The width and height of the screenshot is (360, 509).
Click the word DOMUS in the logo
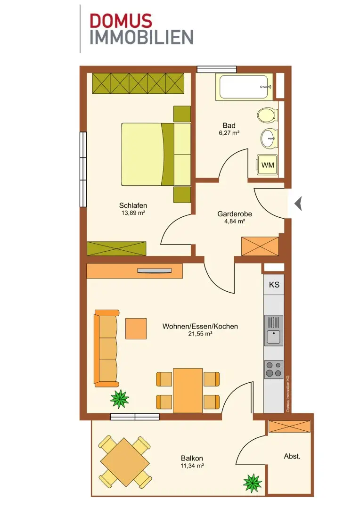[121, 21]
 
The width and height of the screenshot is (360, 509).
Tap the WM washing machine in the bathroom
[268, 165]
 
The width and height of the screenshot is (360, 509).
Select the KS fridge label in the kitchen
[274, 285]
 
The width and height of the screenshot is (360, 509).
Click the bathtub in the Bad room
[244, 87]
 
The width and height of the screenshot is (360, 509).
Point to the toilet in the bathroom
[268, 115]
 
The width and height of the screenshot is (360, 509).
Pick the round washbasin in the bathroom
[269, 139]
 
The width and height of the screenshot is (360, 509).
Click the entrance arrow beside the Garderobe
[298, 204]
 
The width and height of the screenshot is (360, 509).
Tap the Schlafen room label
[133, 205]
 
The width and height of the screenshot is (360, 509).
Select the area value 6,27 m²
[229, 133]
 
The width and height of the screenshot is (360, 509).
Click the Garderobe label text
[235, 214]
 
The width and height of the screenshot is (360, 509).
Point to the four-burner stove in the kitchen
[274, 369]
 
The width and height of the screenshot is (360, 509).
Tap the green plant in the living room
[120, 399]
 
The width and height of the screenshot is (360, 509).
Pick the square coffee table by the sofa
[136, 328]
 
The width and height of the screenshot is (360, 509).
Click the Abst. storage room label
[292, 456]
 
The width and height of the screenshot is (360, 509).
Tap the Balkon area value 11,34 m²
[192, 466]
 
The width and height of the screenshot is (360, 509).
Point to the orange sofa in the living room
[106, 348]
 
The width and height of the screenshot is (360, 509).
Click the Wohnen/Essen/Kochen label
[200, 326]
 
